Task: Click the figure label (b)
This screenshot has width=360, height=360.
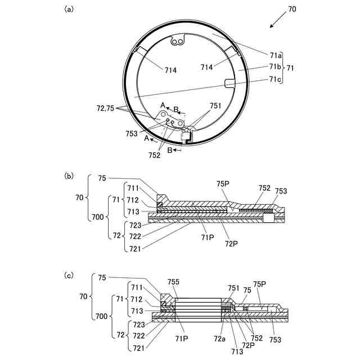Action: point(69,176)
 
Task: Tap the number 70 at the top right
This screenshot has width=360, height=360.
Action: point(292,9)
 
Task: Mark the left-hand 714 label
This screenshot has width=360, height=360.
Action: point(171,70)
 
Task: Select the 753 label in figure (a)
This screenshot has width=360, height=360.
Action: point(133,133)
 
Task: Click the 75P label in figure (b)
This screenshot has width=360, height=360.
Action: point(222,184)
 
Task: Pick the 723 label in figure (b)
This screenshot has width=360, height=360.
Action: point(136,225)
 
